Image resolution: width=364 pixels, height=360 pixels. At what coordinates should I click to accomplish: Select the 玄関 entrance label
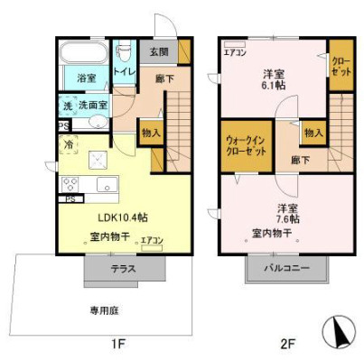(158, 51)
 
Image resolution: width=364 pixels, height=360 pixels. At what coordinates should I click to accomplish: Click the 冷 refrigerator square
(70, 143)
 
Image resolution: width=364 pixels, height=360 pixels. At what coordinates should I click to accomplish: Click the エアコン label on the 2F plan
(236, 51)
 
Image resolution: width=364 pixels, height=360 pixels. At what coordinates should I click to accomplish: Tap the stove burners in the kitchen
(71, 184)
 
